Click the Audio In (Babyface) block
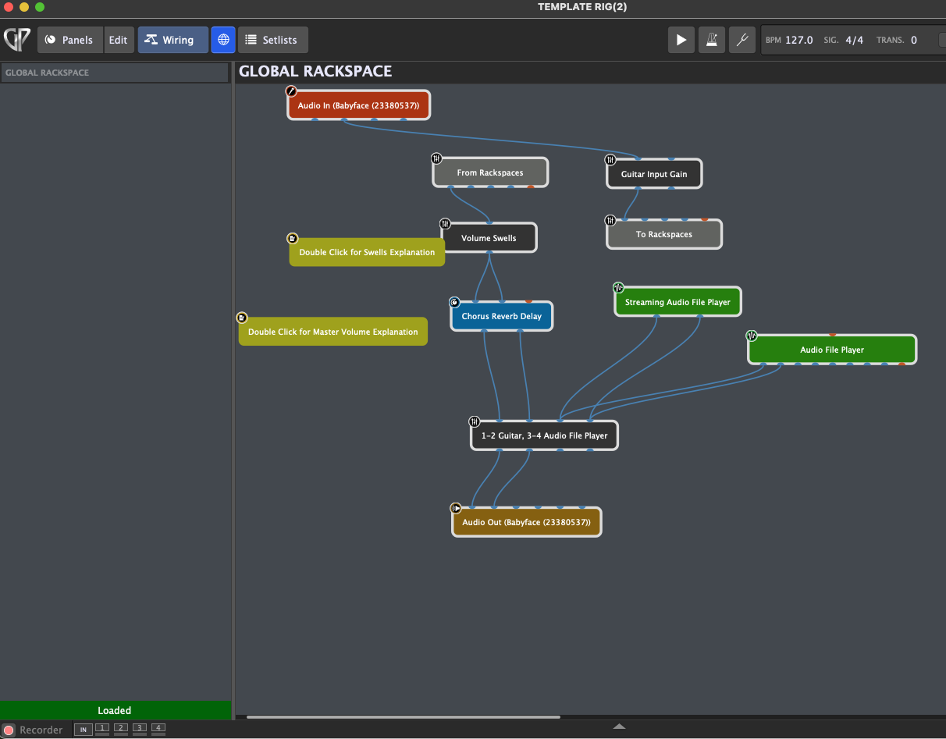tap(358, 105)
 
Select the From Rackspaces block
tap(490, 172)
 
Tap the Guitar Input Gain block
tap(654, 174)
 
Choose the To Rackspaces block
tap(664, 234)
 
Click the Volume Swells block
tap(489, 238)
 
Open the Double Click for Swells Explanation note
tap(367, 252)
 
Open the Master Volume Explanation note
tap(333, 332)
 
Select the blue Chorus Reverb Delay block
tap(501, 317)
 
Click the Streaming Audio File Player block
tap(677, 302)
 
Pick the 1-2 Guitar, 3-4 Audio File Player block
tap(544, 435)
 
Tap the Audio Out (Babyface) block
tap(526, 522)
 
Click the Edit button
tap(118, 40)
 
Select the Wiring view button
tap(172, 40)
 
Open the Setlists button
tap(272, 40)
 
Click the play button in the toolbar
tap(681, 40)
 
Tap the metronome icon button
tap(712, 40)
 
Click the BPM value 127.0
tap(799, 40)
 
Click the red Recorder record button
tap(9, 730)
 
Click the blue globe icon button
tap(223, 40)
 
